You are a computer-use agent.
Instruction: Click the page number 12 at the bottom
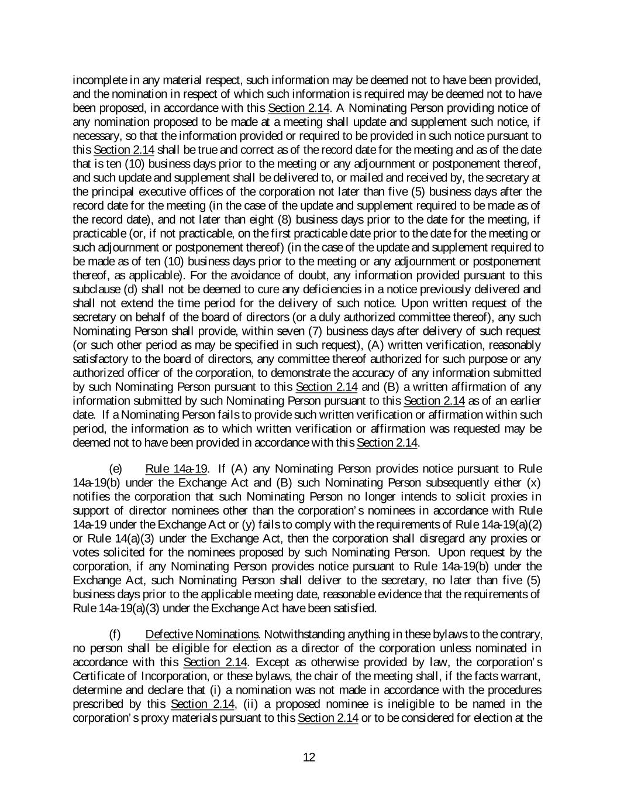tap(309, 757)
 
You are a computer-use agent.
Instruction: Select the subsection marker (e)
tap(116, 469)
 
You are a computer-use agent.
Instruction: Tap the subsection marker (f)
tap(115, 635)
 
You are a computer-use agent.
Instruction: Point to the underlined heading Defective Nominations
tap(202, 635)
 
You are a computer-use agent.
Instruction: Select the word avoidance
tap(179, 275)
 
